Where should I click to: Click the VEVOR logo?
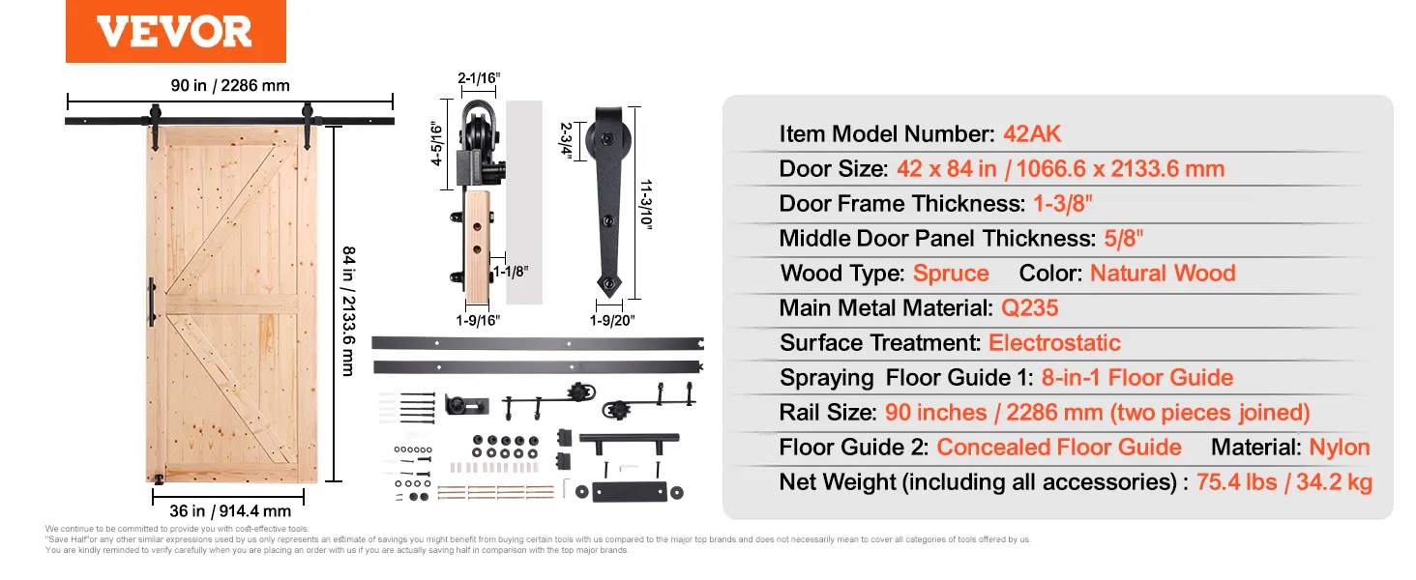175,31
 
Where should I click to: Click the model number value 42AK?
1032,134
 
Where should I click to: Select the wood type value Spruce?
951,274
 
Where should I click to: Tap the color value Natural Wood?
1163,274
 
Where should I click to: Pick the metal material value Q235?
1030,308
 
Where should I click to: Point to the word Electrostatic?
1054,343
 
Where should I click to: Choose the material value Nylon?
1339,448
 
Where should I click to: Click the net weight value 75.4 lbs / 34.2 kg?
1284,482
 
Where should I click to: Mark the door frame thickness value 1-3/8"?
1065,204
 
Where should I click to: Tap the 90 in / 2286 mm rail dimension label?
230,86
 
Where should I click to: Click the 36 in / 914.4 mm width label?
230,511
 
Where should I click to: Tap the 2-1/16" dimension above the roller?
479,78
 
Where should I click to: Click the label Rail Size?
829,413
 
